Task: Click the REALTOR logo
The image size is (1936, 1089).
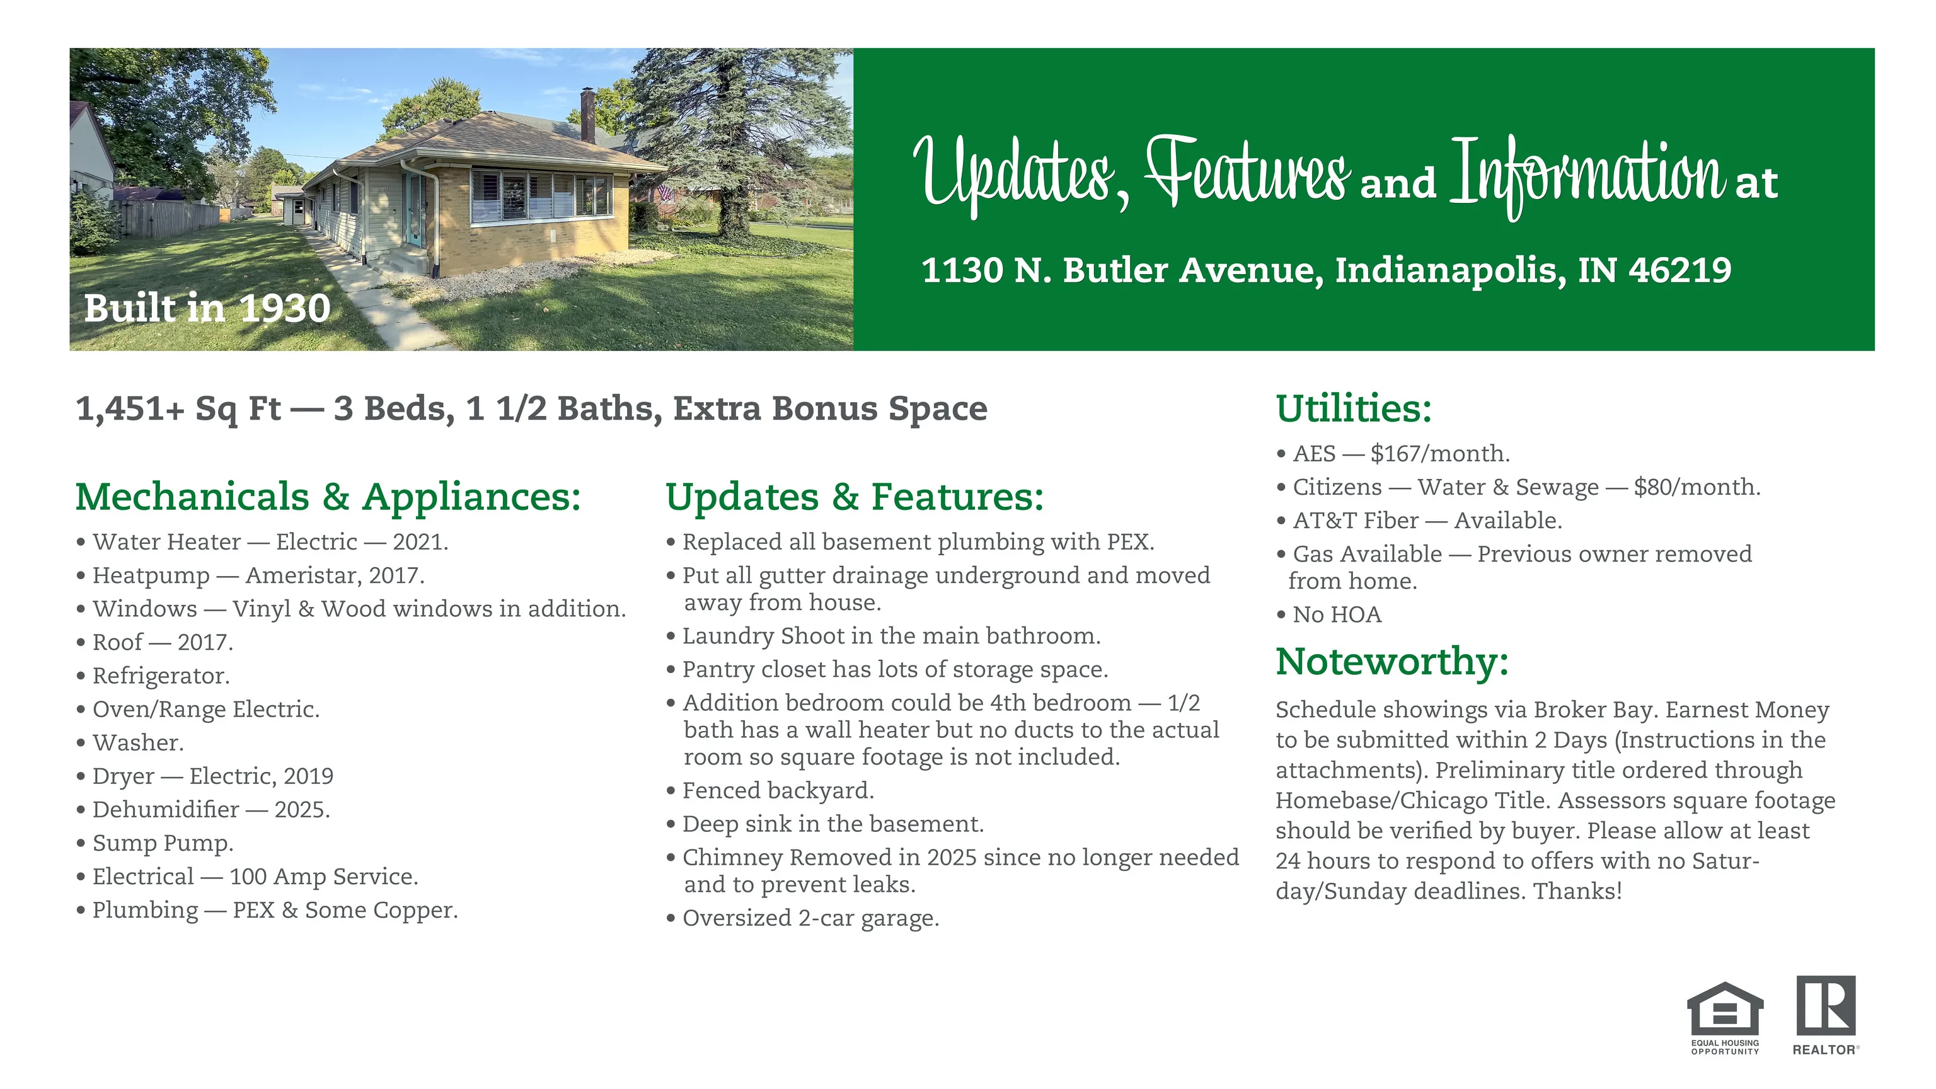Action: click(x=1826, y=1015)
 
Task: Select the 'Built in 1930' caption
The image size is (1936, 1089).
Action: click(x=207, y=308)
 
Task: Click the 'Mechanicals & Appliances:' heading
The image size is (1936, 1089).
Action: click(x=328, y=497)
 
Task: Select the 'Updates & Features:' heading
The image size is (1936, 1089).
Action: click(x=855, y=497)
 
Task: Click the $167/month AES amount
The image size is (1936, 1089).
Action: click(x=1440, y=453)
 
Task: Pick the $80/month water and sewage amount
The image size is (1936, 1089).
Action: click(x=1697, y=487)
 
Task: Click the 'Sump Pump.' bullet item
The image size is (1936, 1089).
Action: click(x=155, y=843)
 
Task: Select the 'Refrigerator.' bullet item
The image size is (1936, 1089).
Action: click(x=153, y=676)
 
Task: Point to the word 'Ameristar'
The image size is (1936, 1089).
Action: click(x=304, y=575)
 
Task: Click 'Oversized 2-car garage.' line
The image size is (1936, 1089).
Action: click(x=803, y=918)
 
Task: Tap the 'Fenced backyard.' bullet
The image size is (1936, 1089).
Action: click(x=770, y=791)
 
